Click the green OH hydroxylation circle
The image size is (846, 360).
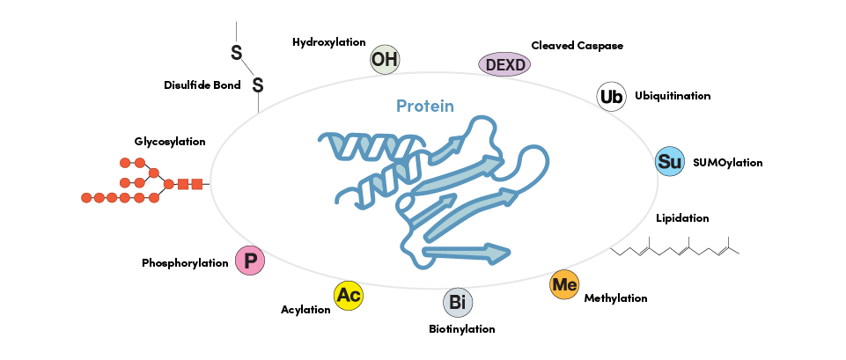384,60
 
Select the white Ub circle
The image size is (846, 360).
611,96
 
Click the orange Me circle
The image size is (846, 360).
563,285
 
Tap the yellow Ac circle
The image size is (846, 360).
349,296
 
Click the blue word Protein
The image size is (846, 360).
425,107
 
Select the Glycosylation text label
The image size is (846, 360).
170,141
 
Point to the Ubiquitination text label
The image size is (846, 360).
673,96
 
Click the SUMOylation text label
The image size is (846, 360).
728,163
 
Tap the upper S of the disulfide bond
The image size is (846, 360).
236,53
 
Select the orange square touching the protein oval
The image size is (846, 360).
197,184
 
